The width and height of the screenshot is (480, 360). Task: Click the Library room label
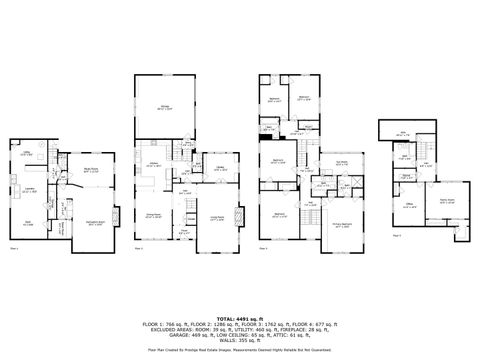click(219, 168)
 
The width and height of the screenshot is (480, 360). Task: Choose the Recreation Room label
click(95, 222)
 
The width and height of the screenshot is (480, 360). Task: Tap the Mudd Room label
click(88, 170)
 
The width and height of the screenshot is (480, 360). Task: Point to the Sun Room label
click(342, 162)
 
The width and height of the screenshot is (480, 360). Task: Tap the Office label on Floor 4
click(408, 203)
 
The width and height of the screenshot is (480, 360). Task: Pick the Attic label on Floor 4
click(403, 133)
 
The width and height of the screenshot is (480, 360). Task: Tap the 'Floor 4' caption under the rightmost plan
click(397, 235)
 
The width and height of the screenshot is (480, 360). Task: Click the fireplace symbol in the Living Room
click(238, 213)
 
